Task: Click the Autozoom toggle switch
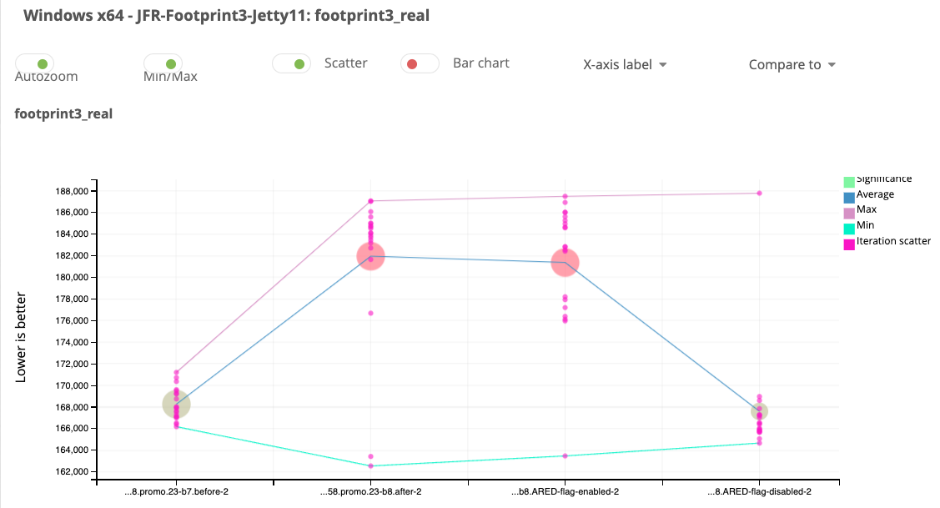point(35,63)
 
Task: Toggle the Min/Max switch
point(163,63)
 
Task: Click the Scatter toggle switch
point(291,63)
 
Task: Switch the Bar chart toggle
point(420,63)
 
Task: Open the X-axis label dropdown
point(625,64)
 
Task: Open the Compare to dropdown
point(792,64)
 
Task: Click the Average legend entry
point(875,194)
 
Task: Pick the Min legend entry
point(865,226)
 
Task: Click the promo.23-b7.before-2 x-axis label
point(176,492)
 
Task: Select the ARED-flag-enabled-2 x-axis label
point(565,492)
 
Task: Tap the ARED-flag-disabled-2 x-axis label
point(759,492)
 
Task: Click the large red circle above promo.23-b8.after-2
point(370,256)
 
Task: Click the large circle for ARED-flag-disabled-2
point(759,411)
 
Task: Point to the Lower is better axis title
point(21,337)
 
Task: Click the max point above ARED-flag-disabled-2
point(759,193)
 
